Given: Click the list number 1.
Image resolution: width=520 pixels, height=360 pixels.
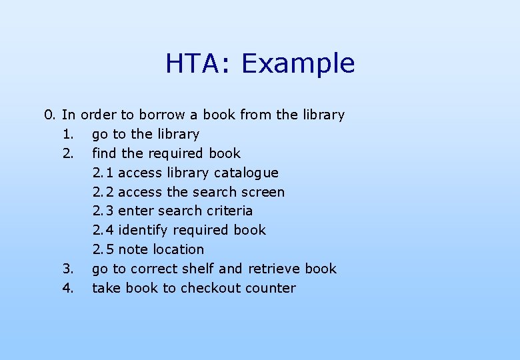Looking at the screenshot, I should (x=68, y=134).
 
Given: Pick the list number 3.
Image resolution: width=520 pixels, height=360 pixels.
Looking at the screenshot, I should (x=68, y=269).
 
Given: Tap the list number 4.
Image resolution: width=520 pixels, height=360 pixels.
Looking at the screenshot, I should (x=68, y=288).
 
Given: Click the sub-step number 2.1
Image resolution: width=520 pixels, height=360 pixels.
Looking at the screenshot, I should (x=103, y=173).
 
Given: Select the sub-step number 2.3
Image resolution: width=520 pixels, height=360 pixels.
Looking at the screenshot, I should (x=103, y=211).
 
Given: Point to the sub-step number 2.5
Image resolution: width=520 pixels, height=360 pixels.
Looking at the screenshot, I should (x=103, y=249).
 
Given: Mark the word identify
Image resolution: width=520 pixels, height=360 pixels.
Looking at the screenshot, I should (x=143, y=231).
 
